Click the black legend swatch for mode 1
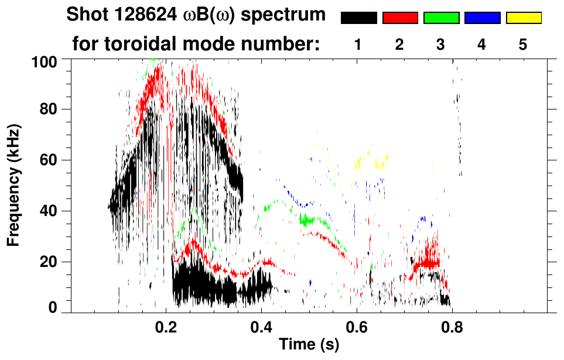coord(358,18)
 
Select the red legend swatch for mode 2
coord(400,18)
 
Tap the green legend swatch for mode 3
coord(441,18)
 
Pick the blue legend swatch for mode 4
coord(482,18)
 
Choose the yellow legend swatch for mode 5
coord(524,18)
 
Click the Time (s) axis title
coord(309,345)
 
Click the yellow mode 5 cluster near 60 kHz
coord(370,165)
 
